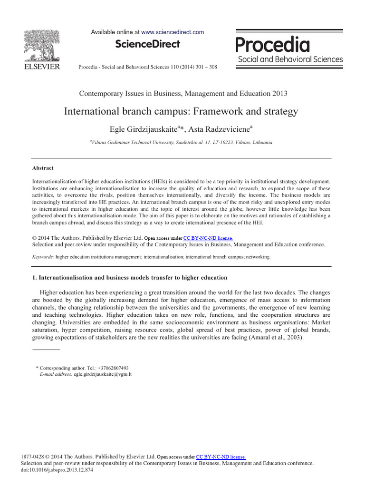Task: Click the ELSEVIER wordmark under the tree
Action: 41,67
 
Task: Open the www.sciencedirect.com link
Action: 173,32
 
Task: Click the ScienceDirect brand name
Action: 147,44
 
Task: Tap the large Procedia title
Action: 273,45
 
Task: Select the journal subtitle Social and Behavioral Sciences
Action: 290,59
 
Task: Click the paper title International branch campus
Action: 181,111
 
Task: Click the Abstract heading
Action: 43,168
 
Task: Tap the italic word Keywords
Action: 43,257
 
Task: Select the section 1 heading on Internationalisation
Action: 129,277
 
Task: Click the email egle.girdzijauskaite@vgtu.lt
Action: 102,374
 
